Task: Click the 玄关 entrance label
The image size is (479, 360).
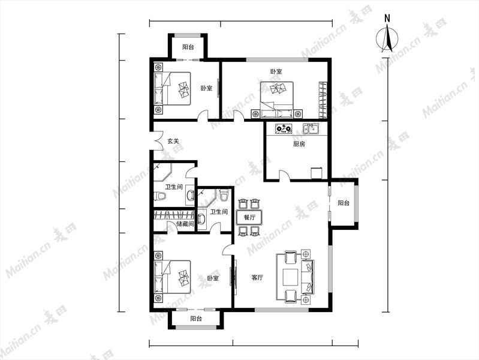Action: coord(173,142)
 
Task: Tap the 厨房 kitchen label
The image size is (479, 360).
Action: coord(299,144)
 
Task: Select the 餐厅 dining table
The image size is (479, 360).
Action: coord(249,217)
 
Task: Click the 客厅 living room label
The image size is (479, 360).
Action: coord(257,278)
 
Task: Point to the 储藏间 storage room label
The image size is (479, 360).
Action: coord(185,224)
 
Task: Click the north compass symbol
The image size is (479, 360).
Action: coord(387,38)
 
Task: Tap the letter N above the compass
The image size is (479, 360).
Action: coord(387,19)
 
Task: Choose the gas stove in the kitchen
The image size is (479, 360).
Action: coord(284,128)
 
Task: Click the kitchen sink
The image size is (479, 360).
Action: coord(311,128)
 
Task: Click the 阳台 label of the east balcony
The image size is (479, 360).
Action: coord(344,203)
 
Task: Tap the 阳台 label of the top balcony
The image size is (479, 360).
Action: coord(188,47)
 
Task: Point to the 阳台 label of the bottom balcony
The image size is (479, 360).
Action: coord(196,319)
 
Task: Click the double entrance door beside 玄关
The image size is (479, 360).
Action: coord(158,140)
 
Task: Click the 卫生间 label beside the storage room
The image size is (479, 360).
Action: coord(219,212)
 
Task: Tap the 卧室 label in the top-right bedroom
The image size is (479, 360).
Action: coord(276,71)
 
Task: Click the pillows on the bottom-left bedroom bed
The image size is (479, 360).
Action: coord(158,277)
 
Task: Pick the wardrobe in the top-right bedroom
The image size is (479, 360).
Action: coord(323,100)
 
